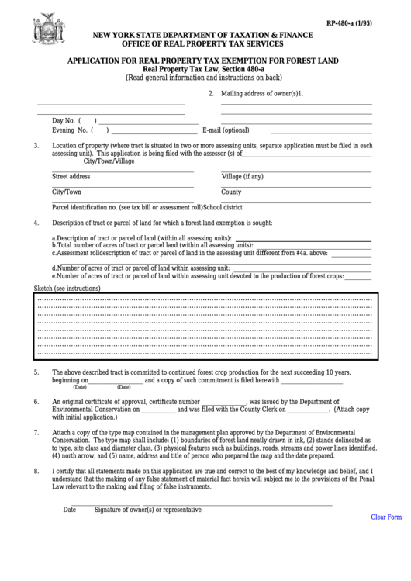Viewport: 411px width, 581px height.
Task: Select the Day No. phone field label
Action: tap(64, 121)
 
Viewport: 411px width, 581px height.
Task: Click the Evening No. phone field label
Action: tap(71, 130)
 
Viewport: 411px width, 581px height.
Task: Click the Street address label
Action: tap(71, 176)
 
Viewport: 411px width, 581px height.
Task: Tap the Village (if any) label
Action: tap(242, 176)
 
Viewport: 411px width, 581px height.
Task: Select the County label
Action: tap(231, 192)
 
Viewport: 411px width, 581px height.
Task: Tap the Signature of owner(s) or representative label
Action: tap(147, 510)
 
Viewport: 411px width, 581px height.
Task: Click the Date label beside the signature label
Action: tap(69, 510)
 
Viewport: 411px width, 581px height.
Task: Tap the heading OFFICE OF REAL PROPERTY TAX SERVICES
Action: tap(202, 44)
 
